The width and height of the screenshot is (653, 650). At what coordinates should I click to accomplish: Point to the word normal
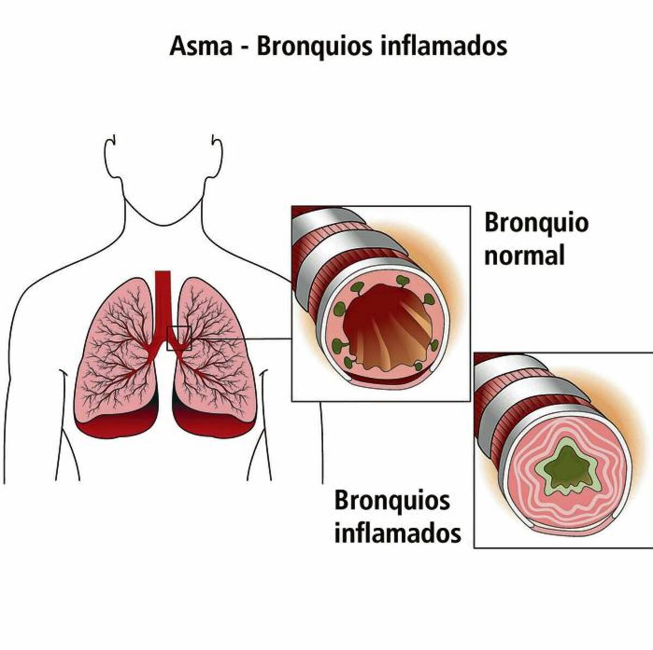[525, 256]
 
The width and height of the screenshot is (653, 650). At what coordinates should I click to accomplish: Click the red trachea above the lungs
[163, 305]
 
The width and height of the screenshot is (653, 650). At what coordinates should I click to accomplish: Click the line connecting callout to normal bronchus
[241, 338]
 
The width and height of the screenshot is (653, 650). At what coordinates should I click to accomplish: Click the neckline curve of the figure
[163, 217]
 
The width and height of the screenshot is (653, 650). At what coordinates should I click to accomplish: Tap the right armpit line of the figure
[259, 423]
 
